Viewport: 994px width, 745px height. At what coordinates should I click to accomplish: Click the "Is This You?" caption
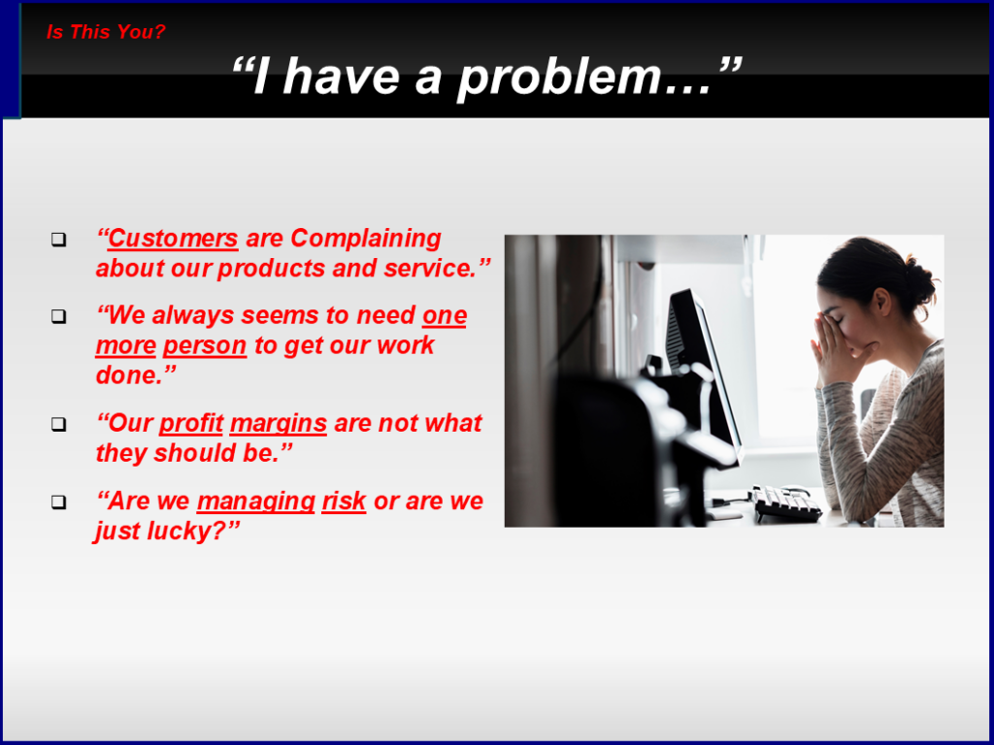[x=106, y=32]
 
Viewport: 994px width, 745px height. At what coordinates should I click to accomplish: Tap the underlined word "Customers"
[x=173, y=239]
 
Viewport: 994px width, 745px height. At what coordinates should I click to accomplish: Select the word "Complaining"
[x=366, y=240]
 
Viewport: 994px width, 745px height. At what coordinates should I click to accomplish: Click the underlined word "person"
[x=205, y=346]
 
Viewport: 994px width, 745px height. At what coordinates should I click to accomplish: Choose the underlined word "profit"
[x=191, y=423]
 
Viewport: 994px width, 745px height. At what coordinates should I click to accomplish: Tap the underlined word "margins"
[x=279, y=424]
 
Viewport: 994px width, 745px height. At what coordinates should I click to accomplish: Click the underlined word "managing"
[x=256, y=502]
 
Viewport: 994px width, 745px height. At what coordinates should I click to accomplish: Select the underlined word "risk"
[x=344, y=501]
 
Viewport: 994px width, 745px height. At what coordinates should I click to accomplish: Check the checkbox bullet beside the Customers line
[x=59, y=240]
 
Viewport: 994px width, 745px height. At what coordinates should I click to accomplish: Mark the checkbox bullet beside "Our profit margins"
[x=59, y=425]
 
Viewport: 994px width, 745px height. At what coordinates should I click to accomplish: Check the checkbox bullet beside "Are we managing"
[x=59, y=502]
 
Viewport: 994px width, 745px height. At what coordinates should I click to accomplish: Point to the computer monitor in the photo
[x=703, y=373]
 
